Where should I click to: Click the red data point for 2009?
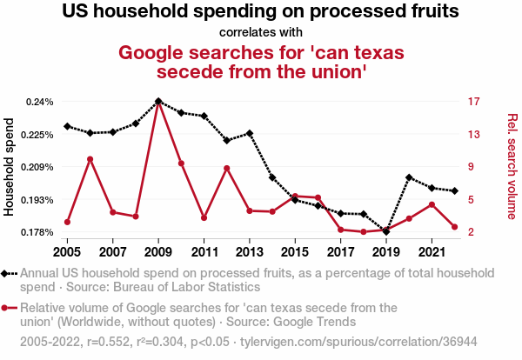[158, 103]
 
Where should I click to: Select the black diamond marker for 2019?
[385, 231]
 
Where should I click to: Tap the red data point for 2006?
[90, 159]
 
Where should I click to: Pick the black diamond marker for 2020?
[409, 177]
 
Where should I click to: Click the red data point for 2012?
[227, 168]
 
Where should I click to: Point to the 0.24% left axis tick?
[39, 102]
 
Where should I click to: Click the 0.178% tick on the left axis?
[37, 232]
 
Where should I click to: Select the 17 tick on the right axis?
[473, 102]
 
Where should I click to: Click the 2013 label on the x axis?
[250, 252]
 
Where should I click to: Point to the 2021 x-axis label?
[432, 252]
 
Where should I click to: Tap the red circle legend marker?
[9, 308]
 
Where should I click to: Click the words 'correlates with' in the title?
[261, 33]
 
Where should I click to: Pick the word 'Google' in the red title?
[157, 52]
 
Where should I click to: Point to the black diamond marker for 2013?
[250, 133]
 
